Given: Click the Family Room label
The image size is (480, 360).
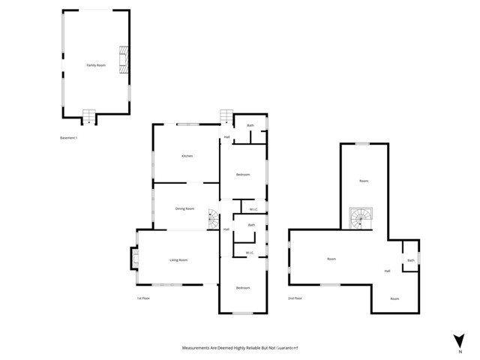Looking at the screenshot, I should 96,66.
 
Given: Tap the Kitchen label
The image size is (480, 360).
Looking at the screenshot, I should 187,156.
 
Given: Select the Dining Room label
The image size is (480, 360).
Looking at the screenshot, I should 184,208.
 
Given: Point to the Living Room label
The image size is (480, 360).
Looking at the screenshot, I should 178,259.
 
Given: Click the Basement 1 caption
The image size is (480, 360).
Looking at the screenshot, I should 69,138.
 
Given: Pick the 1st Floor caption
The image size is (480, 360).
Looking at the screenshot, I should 144,298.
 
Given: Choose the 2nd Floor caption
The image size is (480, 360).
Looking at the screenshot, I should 295,298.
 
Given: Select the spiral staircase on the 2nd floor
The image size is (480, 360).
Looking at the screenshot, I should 361,217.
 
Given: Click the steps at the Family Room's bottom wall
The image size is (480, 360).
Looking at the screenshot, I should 90,116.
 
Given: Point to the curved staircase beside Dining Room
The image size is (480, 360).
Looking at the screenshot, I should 213,218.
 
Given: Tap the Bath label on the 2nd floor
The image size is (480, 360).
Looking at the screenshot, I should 410,260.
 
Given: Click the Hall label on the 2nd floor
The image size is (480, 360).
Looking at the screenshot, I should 388,271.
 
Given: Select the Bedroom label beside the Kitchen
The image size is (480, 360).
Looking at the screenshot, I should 243,175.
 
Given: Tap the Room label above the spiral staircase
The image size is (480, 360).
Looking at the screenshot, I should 364,181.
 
